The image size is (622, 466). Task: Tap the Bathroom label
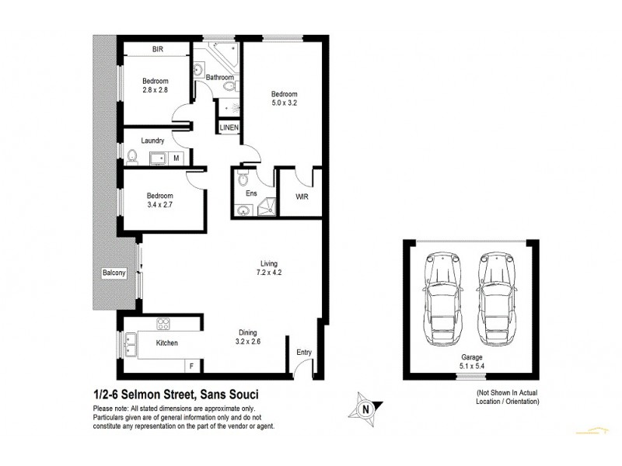(220, 78)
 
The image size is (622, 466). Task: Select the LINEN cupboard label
(229, 127)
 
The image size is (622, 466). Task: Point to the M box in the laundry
(176, 158)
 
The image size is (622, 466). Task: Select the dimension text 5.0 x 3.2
(284, 101)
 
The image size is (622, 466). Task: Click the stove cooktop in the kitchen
(165, 325)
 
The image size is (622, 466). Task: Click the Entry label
(304, 353)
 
